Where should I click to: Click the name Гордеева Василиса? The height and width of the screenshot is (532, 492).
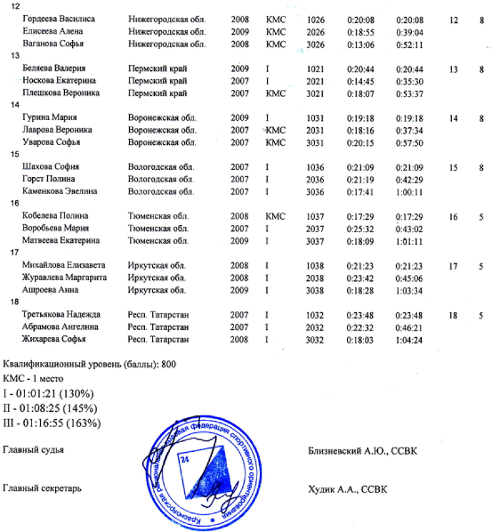tap(58, 19)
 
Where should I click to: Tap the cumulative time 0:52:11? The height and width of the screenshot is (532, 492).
tap(409, 44)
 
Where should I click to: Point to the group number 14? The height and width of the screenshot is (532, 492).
tap(9, 105)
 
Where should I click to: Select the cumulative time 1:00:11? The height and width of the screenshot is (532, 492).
tap(409, 192)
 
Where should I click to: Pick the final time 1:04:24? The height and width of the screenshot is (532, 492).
tap(409, 339)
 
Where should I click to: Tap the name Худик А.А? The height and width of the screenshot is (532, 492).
tap(333, 489)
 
